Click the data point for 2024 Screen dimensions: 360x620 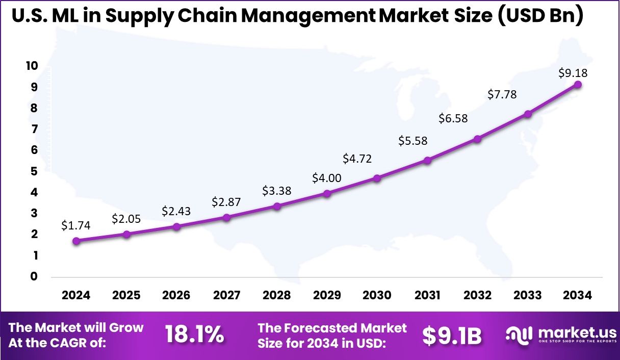76,241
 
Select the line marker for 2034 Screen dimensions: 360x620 578,85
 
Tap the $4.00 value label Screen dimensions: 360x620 327,178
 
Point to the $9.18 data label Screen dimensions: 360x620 573,73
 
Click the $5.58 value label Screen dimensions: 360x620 413,141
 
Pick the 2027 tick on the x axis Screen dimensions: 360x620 227,296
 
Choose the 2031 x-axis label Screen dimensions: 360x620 427,296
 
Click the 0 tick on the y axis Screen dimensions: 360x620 34,276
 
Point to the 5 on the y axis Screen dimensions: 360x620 34,171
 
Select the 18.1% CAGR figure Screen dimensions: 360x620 194,335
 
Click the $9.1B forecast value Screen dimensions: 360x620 452,335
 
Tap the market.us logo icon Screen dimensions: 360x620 518,334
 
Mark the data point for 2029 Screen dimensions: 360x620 327,193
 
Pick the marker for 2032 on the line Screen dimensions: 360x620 477,139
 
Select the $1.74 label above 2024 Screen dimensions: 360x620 76,225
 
